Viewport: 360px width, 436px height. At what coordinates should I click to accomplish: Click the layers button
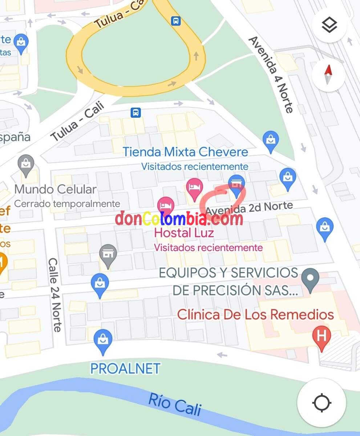(329, 25)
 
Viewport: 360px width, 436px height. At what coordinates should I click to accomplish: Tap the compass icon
(328, 74)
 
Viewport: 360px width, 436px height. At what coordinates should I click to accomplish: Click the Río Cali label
(175, 404)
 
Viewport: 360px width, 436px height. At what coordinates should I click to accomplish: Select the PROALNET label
(125, 368)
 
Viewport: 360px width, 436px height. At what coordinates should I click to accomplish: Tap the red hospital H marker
(321, 336)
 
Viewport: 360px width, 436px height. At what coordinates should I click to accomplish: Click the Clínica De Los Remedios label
(255, 314)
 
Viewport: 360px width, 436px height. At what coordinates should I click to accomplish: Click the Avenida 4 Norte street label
(271, 74)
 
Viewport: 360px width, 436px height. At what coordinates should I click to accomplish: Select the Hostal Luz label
(184, 233)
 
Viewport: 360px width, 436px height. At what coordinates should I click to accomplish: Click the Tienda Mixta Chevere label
(185, 152)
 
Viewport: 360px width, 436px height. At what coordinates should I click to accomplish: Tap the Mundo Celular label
(56, 189)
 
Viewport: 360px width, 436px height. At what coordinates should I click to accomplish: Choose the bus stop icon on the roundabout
(176, 21)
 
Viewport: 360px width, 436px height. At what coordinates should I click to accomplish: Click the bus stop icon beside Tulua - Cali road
(136, 113)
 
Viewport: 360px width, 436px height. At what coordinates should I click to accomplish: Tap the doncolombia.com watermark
(179, 219)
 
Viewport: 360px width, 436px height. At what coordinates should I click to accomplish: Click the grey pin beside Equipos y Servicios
(311, 279)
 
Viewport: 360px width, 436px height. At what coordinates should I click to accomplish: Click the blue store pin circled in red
(236, 185)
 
